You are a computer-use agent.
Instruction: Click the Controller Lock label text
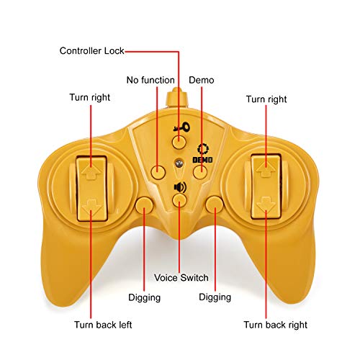pyautogui.click(x=91, y=51)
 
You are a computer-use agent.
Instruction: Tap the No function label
pyautogui.click(x=150, y=80)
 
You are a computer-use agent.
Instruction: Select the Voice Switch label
pyautogui.click(x=181, y=278)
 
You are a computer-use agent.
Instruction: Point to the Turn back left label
pyautogui.click(x=103, y=325)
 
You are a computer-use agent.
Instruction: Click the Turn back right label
pyautogui.click(x=275, y=325)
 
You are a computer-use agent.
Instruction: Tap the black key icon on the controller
pyautogui.click(x=181, y=127)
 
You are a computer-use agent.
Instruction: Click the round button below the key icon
pyautogui.click(x=179, y=142)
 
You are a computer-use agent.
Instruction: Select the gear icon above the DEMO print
pyautogui.click(x=203, y=149)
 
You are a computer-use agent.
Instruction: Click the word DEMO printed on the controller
pyautogui.click(x=203, y=160)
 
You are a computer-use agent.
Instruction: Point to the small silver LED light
pyautogui.click(x=179, y=163)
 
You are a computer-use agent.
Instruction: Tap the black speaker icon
pyautogui.click(x=180, y=187)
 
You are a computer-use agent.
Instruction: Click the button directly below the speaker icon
pyautogui.click(x=179, y=201)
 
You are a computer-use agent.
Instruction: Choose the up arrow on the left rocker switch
pyautogui.click(x=91, y=172)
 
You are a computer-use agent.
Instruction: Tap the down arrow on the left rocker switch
pyautogui.click(x=91, y=207)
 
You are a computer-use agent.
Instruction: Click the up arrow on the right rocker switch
pyautogui.click(x=266, y=170)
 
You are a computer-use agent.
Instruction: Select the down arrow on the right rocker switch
pyautogui.click(x=266, y=204)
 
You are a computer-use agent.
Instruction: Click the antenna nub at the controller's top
pyautogui.click(x=176, y=98)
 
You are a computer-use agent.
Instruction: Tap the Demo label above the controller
pyautogui.click(x=202, y=80)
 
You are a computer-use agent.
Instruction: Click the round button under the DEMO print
pyautogui.click(x=200, y=172)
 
